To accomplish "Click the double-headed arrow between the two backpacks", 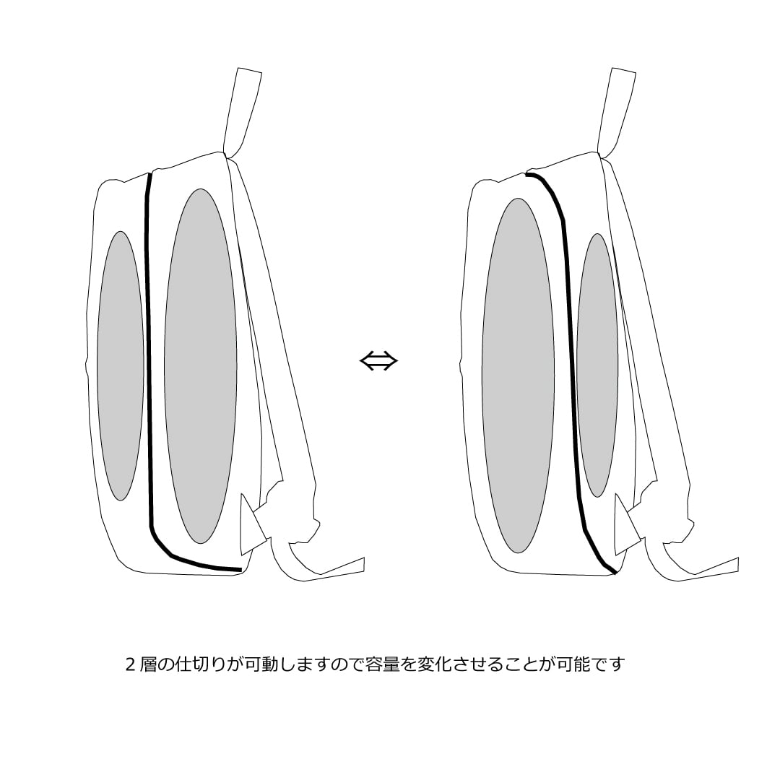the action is tap(378, 361).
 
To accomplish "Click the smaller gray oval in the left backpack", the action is tap(121, 365).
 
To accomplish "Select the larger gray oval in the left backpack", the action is tap(201, 366).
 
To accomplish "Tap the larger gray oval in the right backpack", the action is tap(518, 376).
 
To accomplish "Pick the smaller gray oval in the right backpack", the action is tap(597, 365).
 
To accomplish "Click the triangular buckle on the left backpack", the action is tap(252, 525).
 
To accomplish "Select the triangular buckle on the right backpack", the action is tap(625, 525).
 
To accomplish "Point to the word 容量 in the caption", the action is tap(383, 664).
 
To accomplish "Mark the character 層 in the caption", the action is tap(148, 664).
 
